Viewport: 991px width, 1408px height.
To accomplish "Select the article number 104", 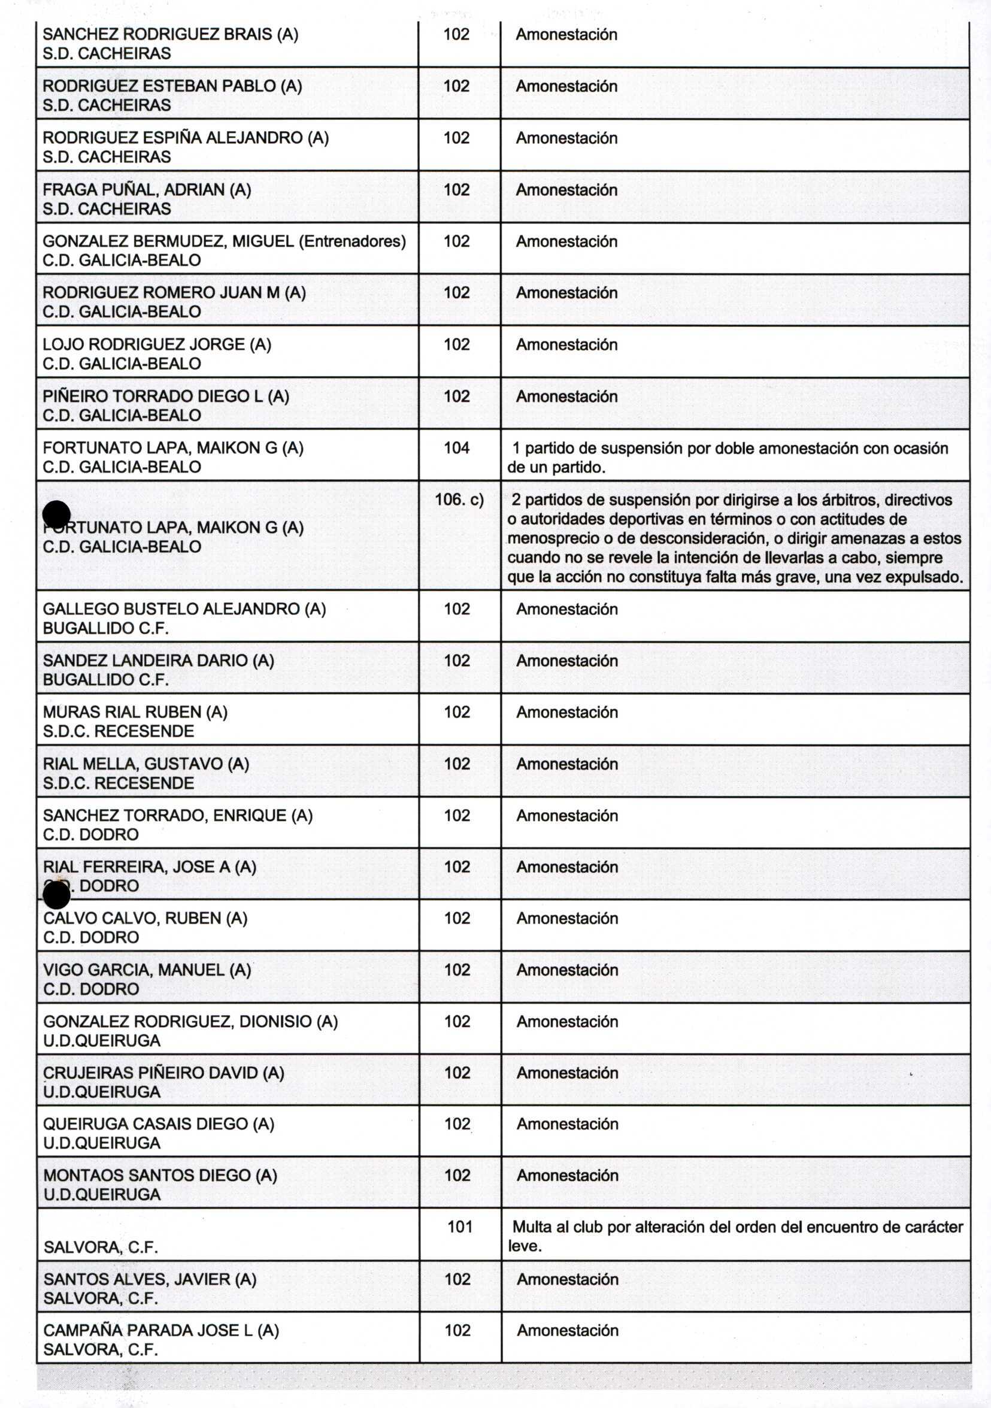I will click(456, 449).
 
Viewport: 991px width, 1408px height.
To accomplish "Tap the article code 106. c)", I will click(459, 500).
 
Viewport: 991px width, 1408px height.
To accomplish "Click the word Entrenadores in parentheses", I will click(352, 241).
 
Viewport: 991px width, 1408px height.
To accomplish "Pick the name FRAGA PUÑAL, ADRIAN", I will click(147, 190).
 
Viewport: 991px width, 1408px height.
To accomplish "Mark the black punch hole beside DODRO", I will click(57, 895).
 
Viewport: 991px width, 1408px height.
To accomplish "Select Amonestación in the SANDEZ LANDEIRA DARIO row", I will click(566, 661).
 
